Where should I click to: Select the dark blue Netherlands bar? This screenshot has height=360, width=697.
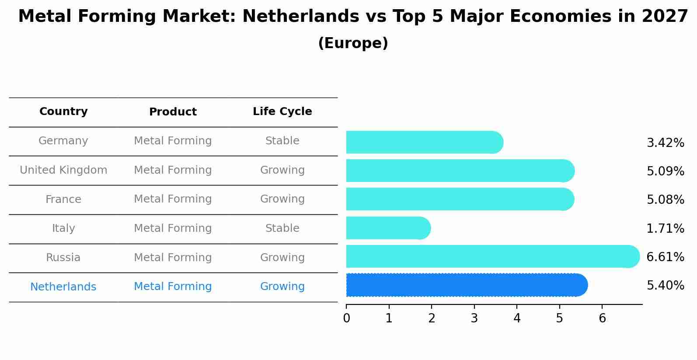[x=466, y=285]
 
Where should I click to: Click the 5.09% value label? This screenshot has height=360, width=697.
[x=665, y=171]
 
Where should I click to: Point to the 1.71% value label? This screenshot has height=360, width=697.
[x=665, y=228]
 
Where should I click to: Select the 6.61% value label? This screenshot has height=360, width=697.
[x=665, y=257]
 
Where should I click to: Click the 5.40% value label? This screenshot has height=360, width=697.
[x=665, y=286]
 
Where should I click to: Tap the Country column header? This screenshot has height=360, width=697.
[x=63, y=112]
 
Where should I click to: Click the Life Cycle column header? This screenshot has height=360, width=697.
[x=282, y=112]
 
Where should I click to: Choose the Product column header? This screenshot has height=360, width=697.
[x=173, y=112]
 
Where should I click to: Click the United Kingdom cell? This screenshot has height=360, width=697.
[x=63, y=170]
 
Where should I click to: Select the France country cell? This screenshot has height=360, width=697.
[x=63, y=199]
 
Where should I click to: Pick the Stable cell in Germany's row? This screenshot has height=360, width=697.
[x=282, y=141]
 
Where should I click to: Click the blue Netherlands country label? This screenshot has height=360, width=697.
[x=63, y=287]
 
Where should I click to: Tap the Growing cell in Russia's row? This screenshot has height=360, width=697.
[x=282, y=258]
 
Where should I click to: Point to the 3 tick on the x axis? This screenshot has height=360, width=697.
[x=474, y=318]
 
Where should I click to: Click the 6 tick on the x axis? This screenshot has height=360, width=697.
[x=602, y=318]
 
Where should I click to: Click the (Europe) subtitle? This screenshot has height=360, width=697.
[x=353, y=43]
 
